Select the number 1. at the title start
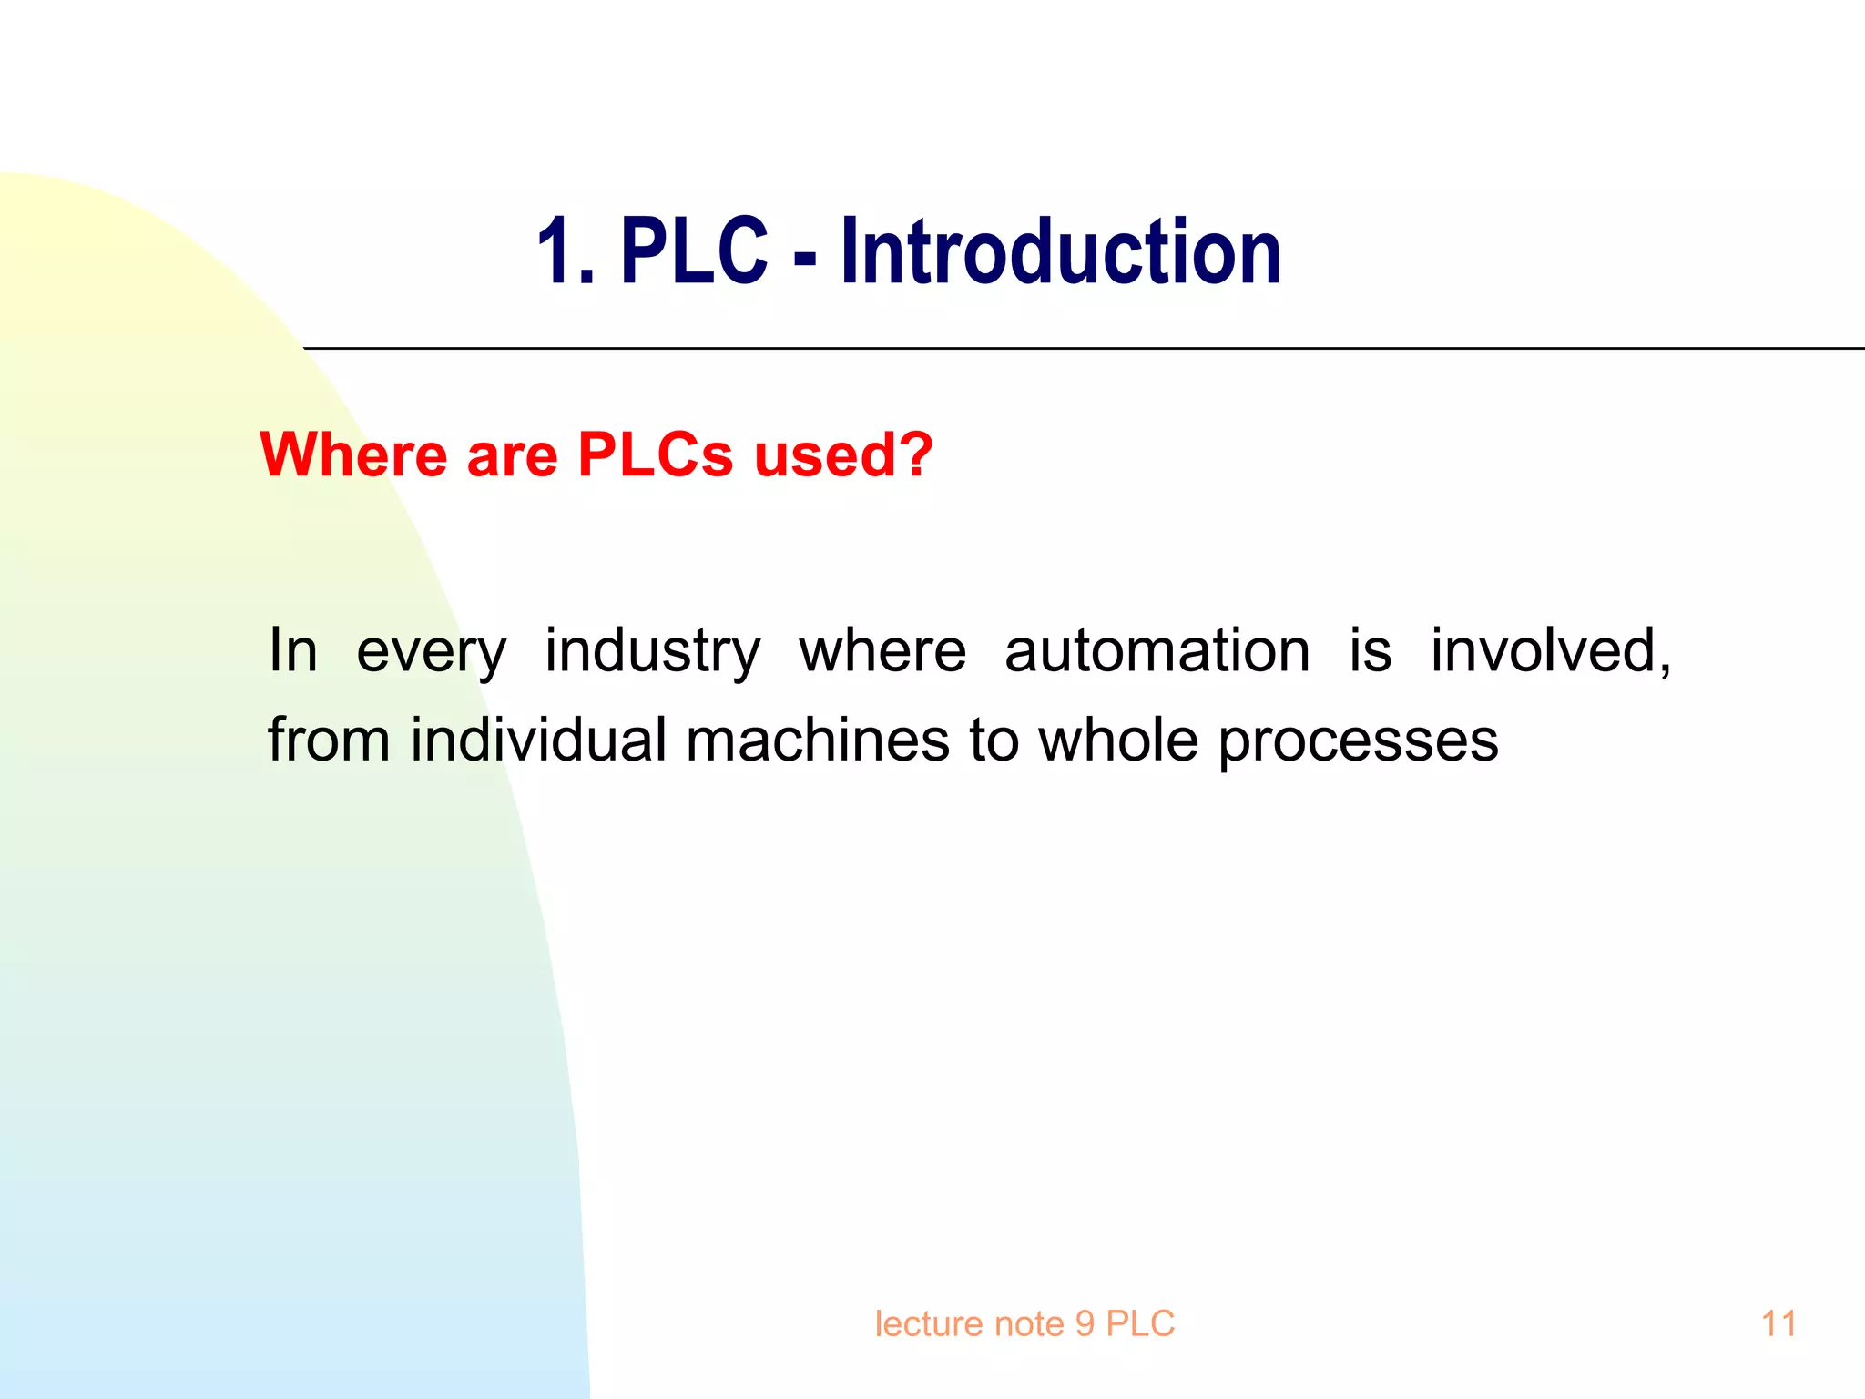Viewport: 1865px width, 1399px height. (565, 253)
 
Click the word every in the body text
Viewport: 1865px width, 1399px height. (431, 652)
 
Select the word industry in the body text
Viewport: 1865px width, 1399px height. (652, 652)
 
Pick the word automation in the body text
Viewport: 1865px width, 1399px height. (1157, 650)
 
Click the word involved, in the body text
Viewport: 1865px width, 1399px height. (1551, 650)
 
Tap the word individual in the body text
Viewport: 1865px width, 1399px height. (539, 739)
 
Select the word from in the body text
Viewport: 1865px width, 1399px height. (329, 739)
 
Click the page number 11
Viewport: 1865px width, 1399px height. (1778, 1323)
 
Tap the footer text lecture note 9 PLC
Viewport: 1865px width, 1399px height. (1024, 1323)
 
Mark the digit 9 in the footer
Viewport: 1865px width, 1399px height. (1085, 1323)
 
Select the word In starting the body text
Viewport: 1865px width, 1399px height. (293, 650)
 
